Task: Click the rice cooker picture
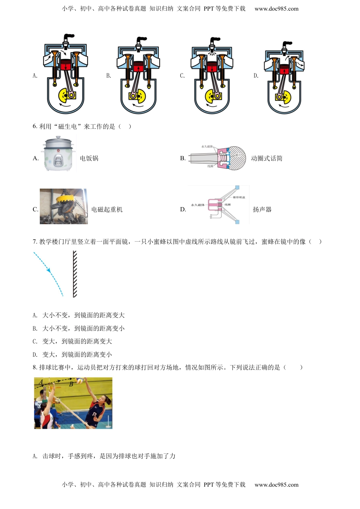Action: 58,154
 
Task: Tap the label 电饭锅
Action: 89,158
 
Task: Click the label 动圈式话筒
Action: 266,158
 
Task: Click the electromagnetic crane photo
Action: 63,206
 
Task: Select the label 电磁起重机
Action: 107,209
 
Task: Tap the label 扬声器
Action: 262,209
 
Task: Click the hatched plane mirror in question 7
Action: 75,274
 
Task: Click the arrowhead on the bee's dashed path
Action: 49,270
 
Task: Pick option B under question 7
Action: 78,328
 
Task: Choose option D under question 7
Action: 72,354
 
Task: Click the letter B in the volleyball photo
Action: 71,384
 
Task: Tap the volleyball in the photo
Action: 79,380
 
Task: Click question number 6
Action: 34,126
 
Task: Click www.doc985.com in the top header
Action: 276,9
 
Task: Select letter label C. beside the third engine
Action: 182,76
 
